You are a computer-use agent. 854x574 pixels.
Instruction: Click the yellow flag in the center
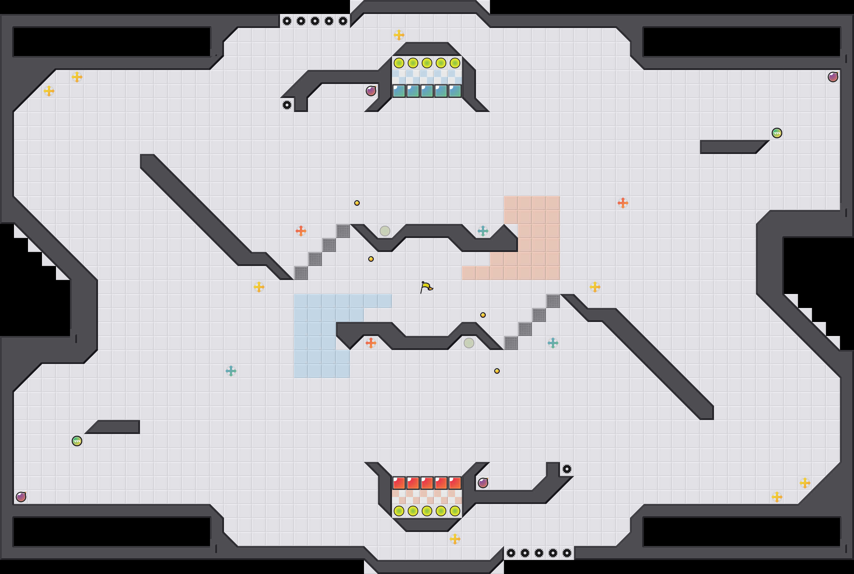pyautogui.click(x=426, y=287)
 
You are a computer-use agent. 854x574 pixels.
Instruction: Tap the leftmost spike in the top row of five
pyautogui.click(x=287, y=21)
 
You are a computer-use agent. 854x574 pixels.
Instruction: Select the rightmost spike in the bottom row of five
pyautogui.click(x=567, y=553)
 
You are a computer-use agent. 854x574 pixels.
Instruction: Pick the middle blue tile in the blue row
pyautogui.click(x=427, y=91)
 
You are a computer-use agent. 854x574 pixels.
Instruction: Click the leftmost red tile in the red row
pyautogui.click(x=399, y=483)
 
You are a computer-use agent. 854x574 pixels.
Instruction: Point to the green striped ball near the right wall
pyautogui.click(x=777, y=133)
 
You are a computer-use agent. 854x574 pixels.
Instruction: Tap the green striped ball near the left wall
pyautogui.click(x=77, y=441)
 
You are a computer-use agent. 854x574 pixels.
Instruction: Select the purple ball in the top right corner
pyautogui.click(x=833, y=77)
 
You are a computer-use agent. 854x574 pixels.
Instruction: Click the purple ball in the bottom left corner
pyautogui.click(x=21, y=497)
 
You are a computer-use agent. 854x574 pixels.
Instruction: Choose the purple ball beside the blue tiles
pyautogui.click(x=371, y=91)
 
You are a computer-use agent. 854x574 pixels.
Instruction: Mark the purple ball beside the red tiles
pyautogui.click(x=483, y=483)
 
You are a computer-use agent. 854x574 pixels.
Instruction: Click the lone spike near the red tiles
pyautogui.click(x=567, y=469)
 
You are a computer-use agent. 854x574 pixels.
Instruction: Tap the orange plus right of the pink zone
pyautogui.click(x=623, y=203)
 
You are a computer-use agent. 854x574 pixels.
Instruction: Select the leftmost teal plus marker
pyautogui.click(x=231, y=371)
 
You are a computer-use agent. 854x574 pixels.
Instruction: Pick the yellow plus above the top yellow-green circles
pyautogui.click(x=399, y=35)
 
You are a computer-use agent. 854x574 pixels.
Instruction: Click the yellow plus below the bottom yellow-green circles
pyautogui.click(x=455, y=539)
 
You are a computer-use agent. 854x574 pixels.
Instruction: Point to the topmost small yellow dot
pyautogui.click(x=357, y=203)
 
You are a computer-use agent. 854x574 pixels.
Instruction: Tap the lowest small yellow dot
pyautogui.click(x=497, y=371)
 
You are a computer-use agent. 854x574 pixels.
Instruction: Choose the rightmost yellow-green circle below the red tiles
pyautogui.click(x=455, y=511)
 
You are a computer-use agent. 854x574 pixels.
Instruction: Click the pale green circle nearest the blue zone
pyautogui.click(x=385, y=231)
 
